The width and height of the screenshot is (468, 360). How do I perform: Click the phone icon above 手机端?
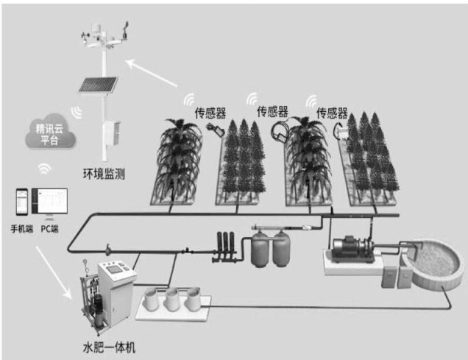(x=21, y=203)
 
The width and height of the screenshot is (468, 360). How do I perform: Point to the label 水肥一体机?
(x=107, y=345)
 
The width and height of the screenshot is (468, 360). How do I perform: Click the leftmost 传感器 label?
(x=210, y=113)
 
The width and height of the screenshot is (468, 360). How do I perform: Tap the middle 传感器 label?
(x=272, y=112)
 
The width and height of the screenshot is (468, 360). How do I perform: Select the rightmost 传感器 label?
(x=332, y=113)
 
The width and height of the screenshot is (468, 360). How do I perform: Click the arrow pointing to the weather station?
(x=158, y=71)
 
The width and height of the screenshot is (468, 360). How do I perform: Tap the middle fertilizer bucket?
(x=174, y=298)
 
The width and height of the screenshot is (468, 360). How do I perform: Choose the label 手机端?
(x=21, y=228)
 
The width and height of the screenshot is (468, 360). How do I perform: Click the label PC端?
(x=50, y=228)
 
